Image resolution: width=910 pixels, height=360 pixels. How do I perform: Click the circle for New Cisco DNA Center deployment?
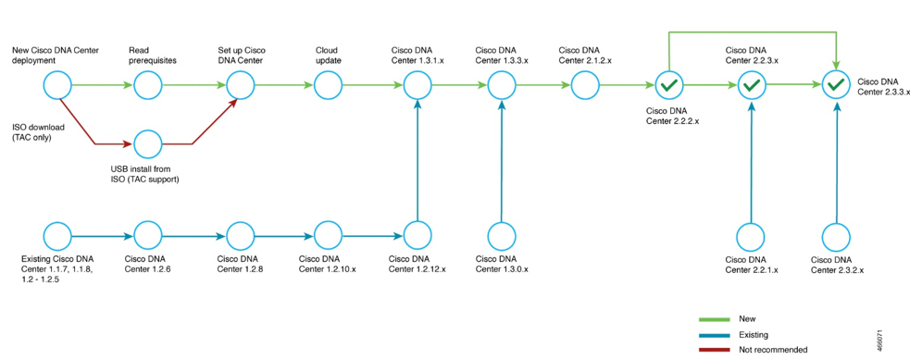(57, 86)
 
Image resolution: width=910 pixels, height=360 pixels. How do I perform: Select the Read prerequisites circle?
(148, 86)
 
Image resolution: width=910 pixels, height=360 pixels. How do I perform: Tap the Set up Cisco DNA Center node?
(240, 86)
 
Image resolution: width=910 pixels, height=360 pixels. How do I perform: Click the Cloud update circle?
(329, 86)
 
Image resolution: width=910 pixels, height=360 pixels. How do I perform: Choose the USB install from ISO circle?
(148, 144)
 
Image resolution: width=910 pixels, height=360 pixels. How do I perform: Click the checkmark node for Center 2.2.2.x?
(668, 86)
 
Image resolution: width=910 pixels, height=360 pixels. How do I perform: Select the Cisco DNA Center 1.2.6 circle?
(148, 235)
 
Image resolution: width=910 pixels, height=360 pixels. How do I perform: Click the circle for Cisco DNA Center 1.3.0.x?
(502, 235)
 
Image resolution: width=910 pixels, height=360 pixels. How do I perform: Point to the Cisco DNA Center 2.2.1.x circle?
(752, 235)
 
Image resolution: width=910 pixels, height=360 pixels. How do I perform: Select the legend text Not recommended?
(773, 350)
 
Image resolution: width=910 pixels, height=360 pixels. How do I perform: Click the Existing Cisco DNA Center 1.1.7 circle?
(57, 235)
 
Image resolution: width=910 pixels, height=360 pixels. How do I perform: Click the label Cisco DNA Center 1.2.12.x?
(418, 264)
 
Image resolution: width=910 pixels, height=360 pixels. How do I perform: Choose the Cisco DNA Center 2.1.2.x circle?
(585, 86)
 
